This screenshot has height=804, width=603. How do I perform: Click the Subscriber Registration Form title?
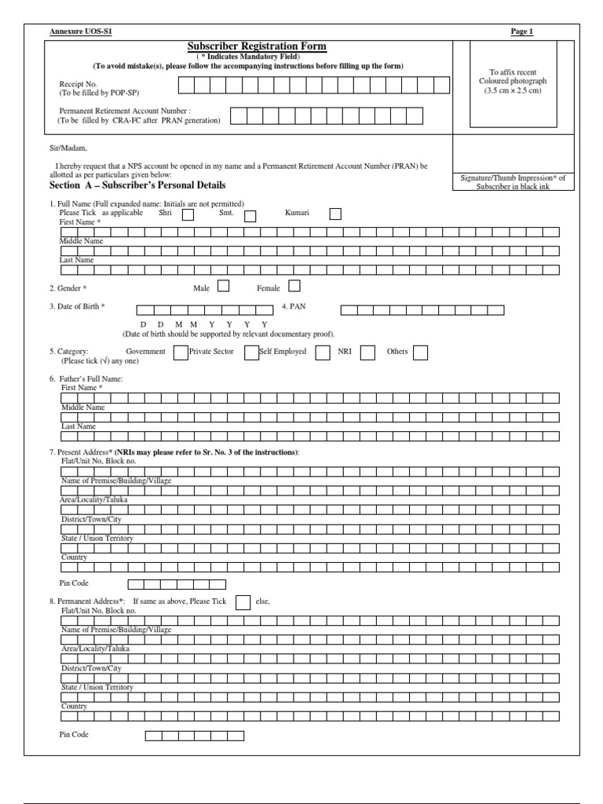(x=257, y=47)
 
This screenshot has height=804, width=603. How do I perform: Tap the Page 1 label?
(x=521, y=31)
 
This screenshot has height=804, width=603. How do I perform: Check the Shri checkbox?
(x=188, y=215)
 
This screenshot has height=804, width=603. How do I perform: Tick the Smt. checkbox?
(x=250, y=215)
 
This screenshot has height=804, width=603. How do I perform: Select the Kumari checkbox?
(x=335, y=214)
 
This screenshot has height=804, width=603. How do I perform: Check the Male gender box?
(x=223, y=287)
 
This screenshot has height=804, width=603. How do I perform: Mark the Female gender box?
(x=294, y=287)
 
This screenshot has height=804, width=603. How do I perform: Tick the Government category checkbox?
(x=180, y=353)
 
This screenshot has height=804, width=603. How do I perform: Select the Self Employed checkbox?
(x=322, y=353)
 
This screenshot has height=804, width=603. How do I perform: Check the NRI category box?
(x=367, y=353)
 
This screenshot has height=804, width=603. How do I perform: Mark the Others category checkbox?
(x=420, y=353)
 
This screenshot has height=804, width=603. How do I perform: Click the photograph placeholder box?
(x=513, y=86)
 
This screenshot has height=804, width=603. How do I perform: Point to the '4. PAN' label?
(x=293, y=307)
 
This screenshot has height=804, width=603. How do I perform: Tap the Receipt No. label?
(x=78, y=82)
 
